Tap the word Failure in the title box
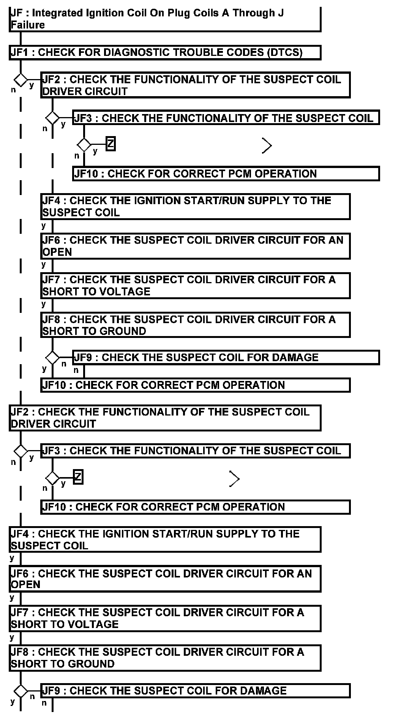tap(27, 25)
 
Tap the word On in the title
tap(156, 13)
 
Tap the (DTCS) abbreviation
tap(285, 52)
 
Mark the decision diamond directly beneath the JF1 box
tap(21, 80)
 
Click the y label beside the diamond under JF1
tap(32, 85)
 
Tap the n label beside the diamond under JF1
tap(13, 90)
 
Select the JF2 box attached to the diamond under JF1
tap(195, 85)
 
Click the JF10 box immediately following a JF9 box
tap(195, 385)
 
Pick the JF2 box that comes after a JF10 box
tap(165, 418)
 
